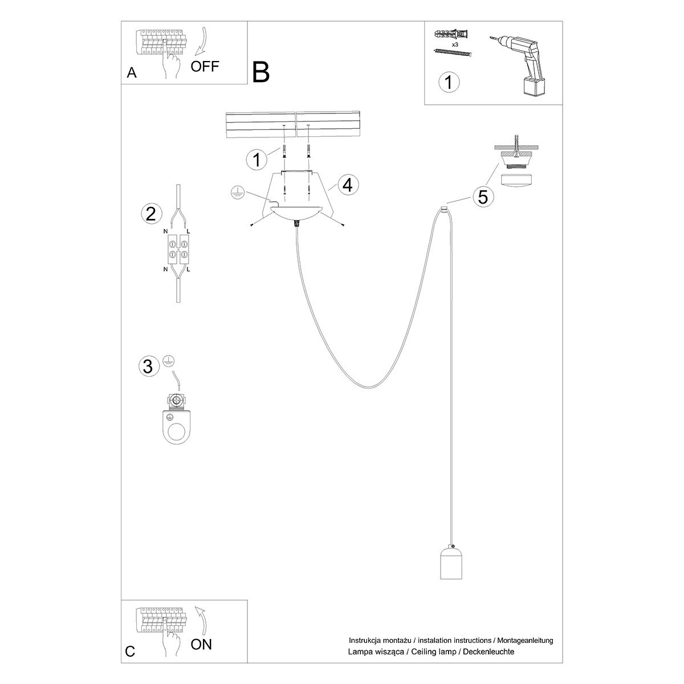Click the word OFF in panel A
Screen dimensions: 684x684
coord(205,66)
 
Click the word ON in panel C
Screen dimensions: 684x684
coord(201,645)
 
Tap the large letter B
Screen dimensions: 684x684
coord(260,72)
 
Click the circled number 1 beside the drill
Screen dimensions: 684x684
coord(449,82)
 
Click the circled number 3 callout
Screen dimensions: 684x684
coord(148,366)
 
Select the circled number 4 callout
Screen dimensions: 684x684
coord(348,185)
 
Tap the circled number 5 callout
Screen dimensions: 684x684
coord(483,197)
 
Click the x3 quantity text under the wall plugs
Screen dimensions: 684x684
coord(455,44)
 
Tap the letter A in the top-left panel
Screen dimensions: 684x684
coord(132,73)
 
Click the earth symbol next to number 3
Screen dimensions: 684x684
coord(168,360)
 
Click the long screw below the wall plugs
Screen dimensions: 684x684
coord(453,53)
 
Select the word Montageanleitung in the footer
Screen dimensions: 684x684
coord(524,641)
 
